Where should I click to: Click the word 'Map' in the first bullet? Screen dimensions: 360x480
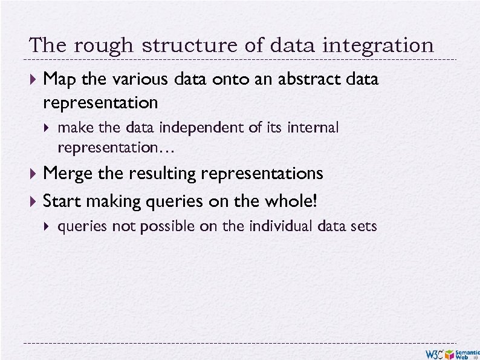pos(59,79)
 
